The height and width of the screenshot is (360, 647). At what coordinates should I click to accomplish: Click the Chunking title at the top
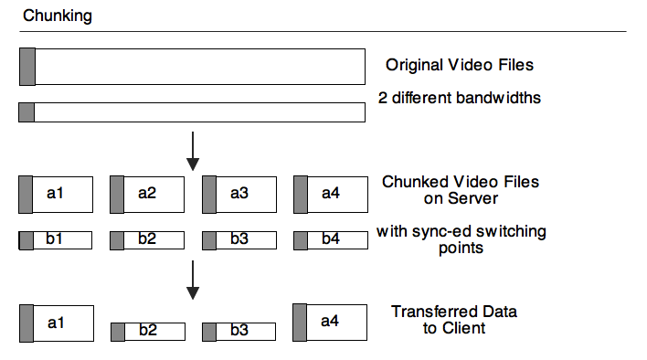coord(57,16)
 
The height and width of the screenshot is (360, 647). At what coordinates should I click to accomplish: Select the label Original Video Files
coord(460,65)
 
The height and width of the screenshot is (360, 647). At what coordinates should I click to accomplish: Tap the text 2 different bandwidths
coord(460,97)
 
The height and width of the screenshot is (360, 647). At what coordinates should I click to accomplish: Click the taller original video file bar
coord(192,66)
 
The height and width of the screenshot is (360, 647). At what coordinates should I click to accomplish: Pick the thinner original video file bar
coord(192,112)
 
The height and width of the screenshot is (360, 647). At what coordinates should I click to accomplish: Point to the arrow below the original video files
coord(193,151)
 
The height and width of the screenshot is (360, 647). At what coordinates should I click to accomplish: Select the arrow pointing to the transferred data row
coord(193,280)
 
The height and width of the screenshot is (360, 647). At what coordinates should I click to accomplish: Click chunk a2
coord(147,194)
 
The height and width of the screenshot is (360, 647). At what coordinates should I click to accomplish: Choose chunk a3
coord(239,194)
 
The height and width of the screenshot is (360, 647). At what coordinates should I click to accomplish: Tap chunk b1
coord(56,240)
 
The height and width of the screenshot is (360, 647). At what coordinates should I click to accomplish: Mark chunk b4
coord(331,240)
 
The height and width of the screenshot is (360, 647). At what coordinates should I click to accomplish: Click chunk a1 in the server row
coord(56,194)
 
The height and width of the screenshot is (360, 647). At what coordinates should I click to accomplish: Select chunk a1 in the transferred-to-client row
coord(56,323)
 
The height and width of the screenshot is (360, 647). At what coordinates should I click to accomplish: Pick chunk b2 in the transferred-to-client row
coord(147,332)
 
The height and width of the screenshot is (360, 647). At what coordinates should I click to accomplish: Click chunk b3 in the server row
coord(239,240)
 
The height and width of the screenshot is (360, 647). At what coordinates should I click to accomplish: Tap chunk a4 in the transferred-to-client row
coord(331,323)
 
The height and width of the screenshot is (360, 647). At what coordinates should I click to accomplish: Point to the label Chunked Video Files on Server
coord(461,190)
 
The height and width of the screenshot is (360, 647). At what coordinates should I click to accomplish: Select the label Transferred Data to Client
coord(454,320)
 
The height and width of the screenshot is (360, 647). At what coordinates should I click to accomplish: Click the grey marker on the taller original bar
coord(27,66)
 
